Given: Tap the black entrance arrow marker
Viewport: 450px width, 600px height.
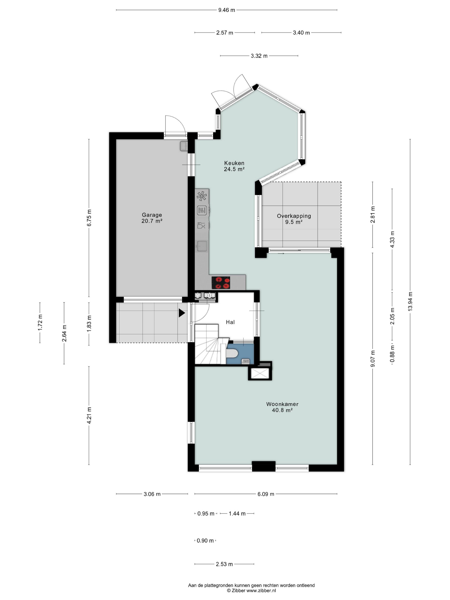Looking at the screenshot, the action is [x=181, y=313].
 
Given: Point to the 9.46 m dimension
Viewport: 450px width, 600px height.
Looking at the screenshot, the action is [x=226, y=10].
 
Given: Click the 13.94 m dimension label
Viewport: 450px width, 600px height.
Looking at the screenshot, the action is [x=410, y=302].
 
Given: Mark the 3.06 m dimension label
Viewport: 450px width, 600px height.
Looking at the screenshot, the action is [x=152, y=494].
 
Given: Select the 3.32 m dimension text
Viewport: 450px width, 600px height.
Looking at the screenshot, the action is [x=259, y=56].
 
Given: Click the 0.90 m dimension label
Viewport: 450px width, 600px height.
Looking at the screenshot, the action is [x=205, y=541].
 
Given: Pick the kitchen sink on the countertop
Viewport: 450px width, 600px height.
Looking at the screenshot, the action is [x=202, y=246].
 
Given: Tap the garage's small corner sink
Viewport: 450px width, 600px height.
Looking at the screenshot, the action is [x=184, y=146].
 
